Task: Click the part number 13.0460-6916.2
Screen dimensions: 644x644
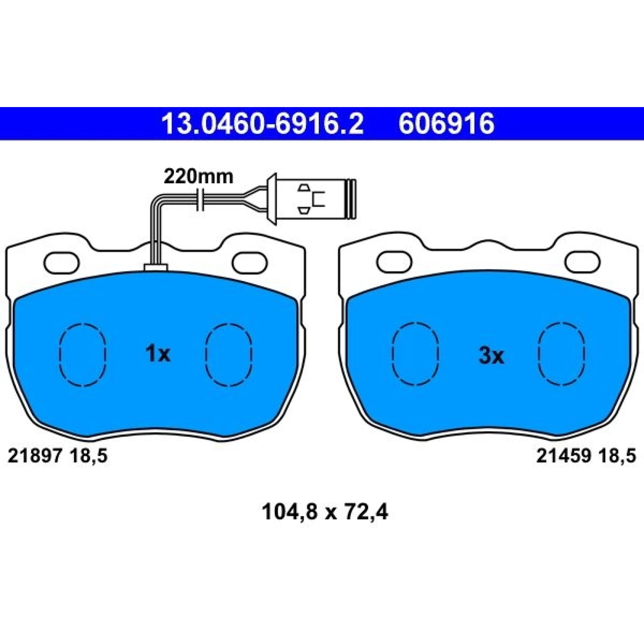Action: [x=262, y=124]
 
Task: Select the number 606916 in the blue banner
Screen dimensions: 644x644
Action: [x=446, y=124]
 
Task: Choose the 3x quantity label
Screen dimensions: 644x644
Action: [x=491, y=356]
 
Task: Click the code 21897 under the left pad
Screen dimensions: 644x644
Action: [x=35, y=456]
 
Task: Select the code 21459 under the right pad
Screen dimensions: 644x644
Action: [x=563, y=456]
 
